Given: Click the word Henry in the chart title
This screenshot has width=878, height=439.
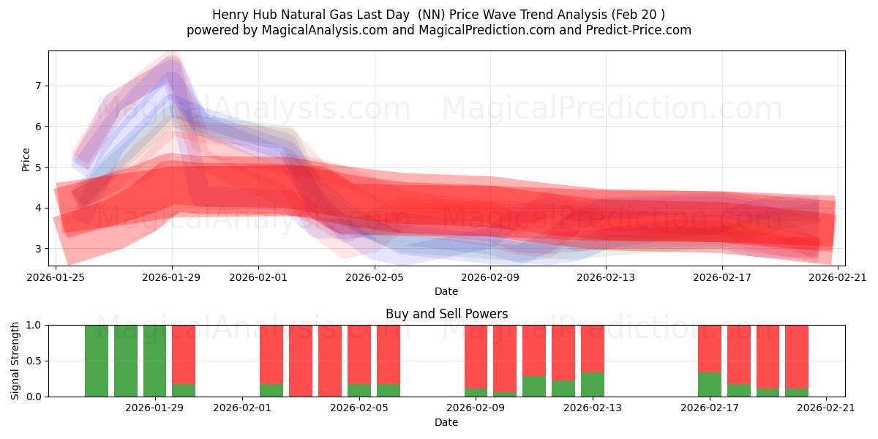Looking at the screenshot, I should pyautogui.click(x=228, y=15).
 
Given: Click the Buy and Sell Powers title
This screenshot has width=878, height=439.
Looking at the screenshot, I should pyautogui.click(x=446, y=314).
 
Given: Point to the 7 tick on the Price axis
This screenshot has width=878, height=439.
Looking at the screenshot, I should pyautogui.click(x=37, y=86).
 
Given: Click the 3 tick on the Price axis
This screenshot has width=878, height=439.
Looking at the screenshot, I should pyautogui.click(x=37, y=249).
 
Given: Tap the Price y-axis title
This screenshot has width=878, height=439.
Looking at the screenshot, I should pyautogui.click(x=26, y=159).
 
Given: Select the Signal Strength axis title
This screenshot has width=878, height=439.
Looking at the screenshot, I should pyautogui.click(x=15, y=360).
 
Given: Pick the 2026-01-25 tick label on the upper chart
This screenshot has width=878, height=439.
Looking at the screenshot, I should pyautogui.click(x=56, y=277).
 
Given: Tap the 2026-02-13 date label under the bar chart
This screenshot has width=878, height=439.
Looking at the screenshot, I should pyautogui.click(x=593, y=408).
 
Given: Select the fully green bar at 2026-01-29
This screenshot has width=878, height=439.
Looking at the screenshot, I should pyautogui.click(x=154, y=361).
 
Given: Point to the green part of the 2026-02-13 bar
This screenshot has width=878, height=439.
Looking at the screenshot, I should pyautogui.click(x=593, y=384).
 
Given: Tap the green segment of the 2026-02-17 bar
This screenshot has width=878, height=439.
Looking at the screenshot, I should pyautogui.click(x=709, y=384).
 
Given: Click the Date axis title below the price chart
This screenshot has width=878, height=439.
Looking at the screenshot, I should pyautogui.click(x=446, y=291).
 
